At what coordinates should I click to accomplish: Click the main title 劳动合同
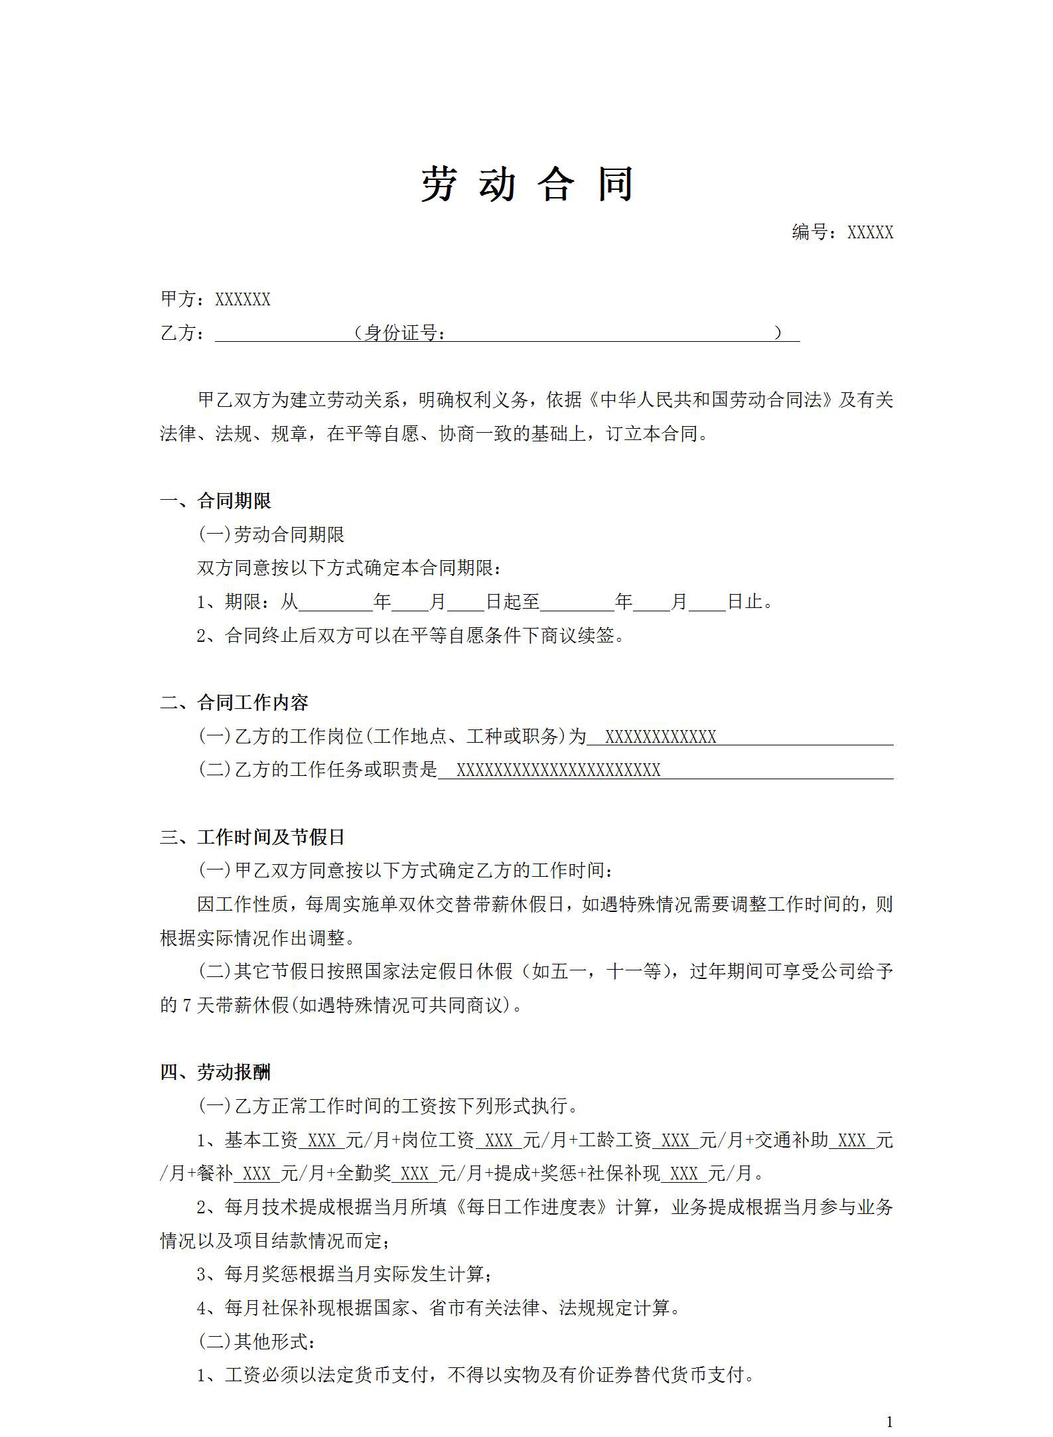(527, 184)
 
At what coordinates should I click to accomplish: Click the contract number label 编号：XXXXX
(842, 232)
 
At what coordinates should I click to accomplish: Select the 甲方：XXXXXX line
(216, 299)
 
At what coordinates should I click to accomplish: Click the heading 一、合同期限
(216, 501)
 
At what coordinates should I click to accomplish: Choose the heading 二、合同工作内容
(234, 702)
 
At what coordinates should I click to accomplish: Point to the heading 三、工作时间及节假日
(252, 837)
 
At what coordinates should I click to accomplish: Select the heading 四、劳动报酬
(216, 1072)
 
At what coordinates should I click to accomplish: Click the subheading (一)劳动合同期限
(271, 534)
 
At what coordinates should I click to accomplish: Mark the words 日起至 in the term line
(512, 602)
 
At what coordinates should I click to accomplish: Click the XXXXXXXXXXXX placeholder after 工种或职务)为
(660, 737)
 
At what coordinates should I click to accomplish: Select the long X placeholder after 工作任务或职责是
(558, 770)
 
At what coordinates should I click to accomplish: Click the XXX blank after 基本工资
(322, 1140)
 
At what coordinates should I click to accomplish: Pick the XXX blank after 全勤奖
(415, 1173)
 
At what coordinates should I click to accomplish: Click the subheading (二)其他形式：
(258, 1341)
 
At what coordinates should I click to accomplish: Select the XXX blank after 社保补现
(684, 1173)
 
